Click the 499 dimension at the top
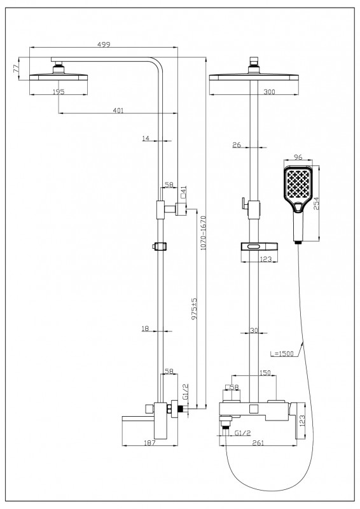[x=104, y=44]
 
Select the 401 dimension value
[x=118, y=110]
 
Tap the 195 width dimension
[x=59, y=92]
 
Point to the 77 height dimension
[x=15, y=69]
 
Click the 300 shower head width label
[x=270, y=92]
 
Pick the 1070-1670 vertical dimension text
[x=203, y=233]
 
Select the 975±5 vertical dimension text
[x=194, y=309]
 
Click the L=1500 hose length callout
[x=282, y=354]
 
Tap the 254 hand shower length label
[x=317, y=203]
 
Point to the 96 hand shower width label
[x=298, y=157]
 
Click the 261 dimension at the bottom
[x=258, y=443]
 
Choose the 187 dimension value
[x=149, y=442]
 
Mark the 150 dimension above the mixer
[x=265, y=373]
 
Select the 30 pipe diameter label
[x=254, y=330]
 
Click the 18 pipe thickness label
[x=145, y=328]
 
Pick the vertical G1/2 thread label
[x=185, y=391]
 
